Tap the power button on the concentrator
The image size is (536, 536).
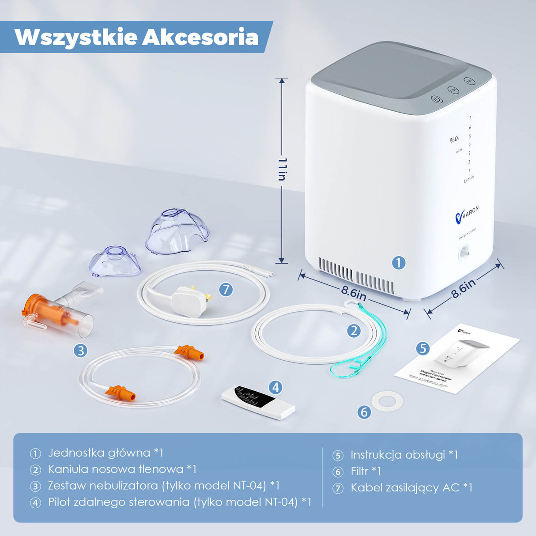point(436,99)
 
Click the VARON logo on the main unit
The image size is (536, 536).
point(467,214)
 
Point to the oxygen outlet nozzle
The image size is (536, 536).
point(464,253)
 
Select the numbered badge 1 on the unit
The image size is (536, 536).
point(399,263)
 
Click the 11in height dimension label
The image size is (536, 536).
point(282,169)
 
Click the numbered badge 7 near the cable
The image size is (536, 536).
point(226,290)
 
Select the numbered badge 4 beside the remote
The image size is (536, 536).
point(276,387)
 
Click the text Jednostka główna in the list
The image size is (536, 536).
point(99,453)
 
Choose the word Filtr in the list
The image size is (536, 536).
point(359,472)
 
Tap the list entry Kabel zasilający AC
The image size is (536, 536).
point(405,488)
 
